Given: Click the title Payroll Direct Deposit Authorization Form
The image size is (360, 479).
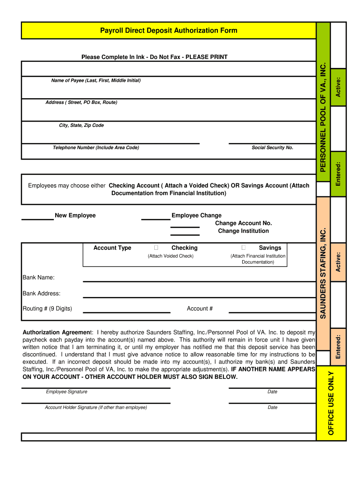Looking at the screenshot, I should point(168,31).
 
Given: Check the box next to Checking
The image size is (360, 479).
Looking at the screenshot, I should point(156,247).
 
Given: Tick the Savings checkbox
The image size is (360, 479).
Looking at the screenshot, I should point(244,247).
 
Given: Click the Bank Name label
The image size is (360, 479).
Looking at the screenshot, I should point(39,278).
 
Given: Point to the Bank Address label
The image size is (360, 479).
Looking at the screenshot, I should point(42,294).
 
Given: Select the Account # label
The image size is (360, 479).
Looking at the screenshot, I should point(200,309).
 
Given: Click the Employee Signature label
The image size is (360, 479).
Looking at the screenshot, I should point(66,392).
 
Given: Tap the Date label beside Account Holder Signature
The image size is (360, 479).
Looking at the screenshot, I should point(272,407).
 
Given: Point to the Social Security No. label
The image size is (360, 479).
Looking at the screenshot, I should point(272,148).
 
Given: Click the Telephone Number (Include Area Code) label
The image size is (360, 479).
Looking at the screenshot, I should point(96,148).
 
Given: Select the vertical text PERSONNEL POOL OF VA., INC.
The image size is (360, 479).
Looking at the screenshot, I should point(323,117).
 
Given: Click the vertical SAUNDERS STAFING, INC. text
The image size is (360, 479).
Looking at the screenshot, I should point(323,273).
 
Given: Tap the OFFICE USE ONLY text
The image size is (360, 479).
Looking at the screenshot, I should point(331,403).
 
